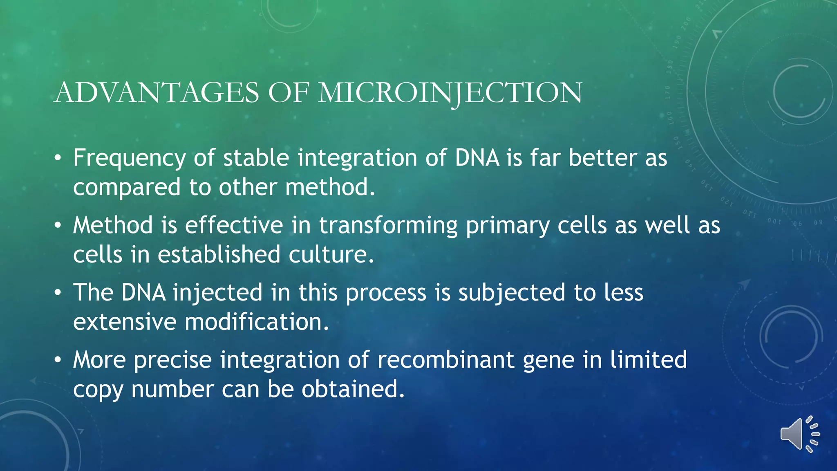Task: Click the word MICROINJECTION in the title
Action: [450, 93]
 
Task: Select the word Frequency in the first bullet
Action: [129, 158]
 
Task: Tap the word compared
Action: [127, 188]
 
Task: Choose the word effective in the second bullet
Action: [234, 225]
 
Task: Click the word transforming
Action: [388, 226]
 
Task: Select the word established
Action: [219, 254]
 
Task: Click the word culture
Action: [331, 254]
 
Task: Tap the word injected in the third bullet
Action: [217, 293]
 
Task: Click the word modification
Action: [256, 322]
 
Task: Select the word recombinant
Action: [445, 360]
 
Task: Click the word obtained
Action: [353, 389]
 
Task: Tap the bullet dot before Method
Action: [58, 225]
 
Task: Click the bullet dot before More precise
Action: [58, 360]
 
